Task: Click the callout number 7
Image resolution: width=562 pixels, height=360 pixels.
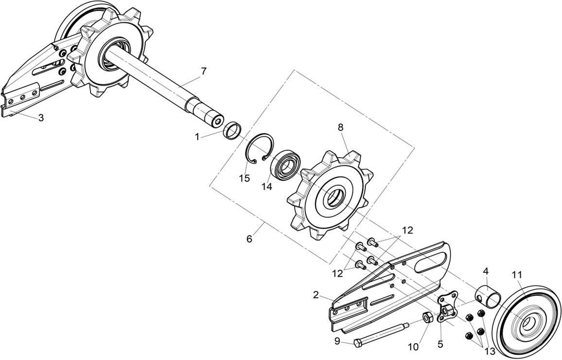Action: click(203, 71)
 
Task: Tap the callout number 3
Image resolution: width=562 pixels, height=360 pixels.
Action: click(41, 118)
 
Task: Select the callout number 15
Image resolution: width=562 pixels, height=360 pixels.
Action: click(245, 179)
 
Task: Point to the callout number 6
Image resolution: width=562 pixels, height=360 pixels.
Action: click(249, 239)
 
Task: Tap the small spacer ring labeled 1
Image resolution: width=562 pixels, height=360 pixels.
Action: click(232, 130)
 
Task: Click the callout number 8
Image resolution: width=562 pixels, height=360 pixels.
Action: click(340, 127)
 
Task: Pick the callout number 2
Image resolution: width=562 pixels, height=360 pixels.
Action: click(316, 295)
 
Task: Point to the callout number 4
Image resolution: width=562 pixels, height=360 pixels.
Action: click(486, 270)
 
